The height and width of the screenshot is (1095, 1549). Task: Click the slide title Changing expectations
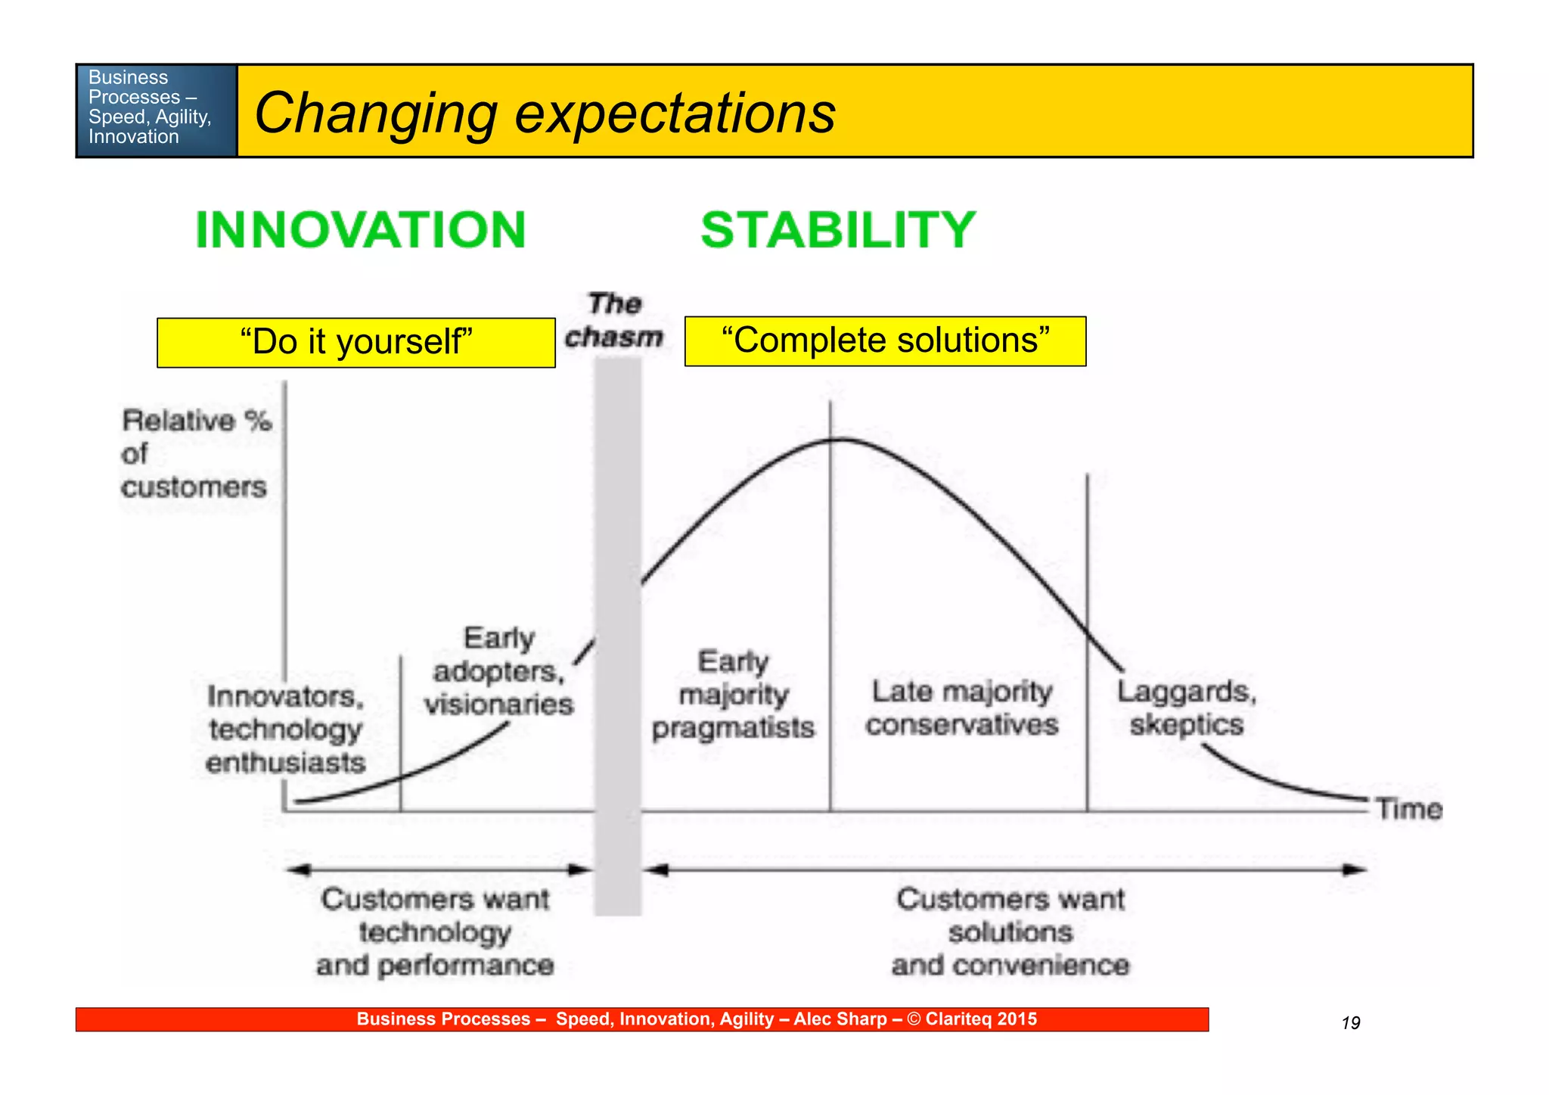click(545, 113)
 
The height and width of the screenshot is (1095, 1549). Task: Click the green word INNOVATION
click(360, 230)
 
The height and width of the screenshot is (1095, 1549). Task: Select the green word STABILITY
click(838, 230)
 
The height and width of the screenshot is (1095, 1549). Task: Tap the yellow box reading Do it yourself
click(355, 342)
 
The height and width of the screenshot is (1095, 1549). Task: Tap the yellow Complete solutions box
click(885, 341)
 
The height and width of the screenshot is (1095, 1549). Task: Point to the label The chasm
click(614, 321)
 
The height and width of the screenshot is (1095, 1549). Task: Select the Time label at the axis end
click(1409, 809)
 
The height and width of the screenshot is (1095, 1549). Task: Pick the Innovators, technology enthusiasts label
click(286, 729)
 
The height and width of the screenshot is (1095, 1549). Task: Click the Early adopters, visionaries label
click(498, 671)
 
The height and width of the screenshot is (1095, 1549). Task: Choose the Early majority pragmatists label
click(733, 695)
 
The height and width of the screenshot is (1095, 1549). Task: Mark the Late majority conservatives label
click(961, 708)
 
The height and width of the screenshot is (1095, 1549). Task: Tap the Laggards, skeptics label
click(1187, 708)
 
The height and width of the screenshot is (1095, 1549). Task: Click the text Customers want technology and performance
click(435, 932)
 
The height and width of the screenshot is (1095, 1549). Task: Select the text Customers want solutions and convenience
click(1010, 932)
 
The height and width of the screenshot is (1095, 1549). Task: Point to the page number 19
click(1351, 1023)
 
